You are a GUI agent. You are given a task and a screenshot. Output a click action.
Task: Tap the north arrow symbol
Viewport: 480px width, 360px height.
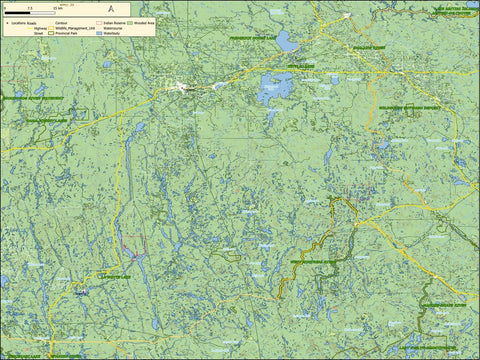point(110,7)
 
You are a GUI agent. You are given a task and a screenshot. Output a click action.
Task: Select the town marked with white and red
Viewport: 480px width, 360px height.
point(182,87)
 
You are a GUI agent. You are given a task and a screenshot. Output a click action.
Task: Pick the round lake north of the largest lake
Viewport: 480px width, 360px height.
point(287,42)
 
